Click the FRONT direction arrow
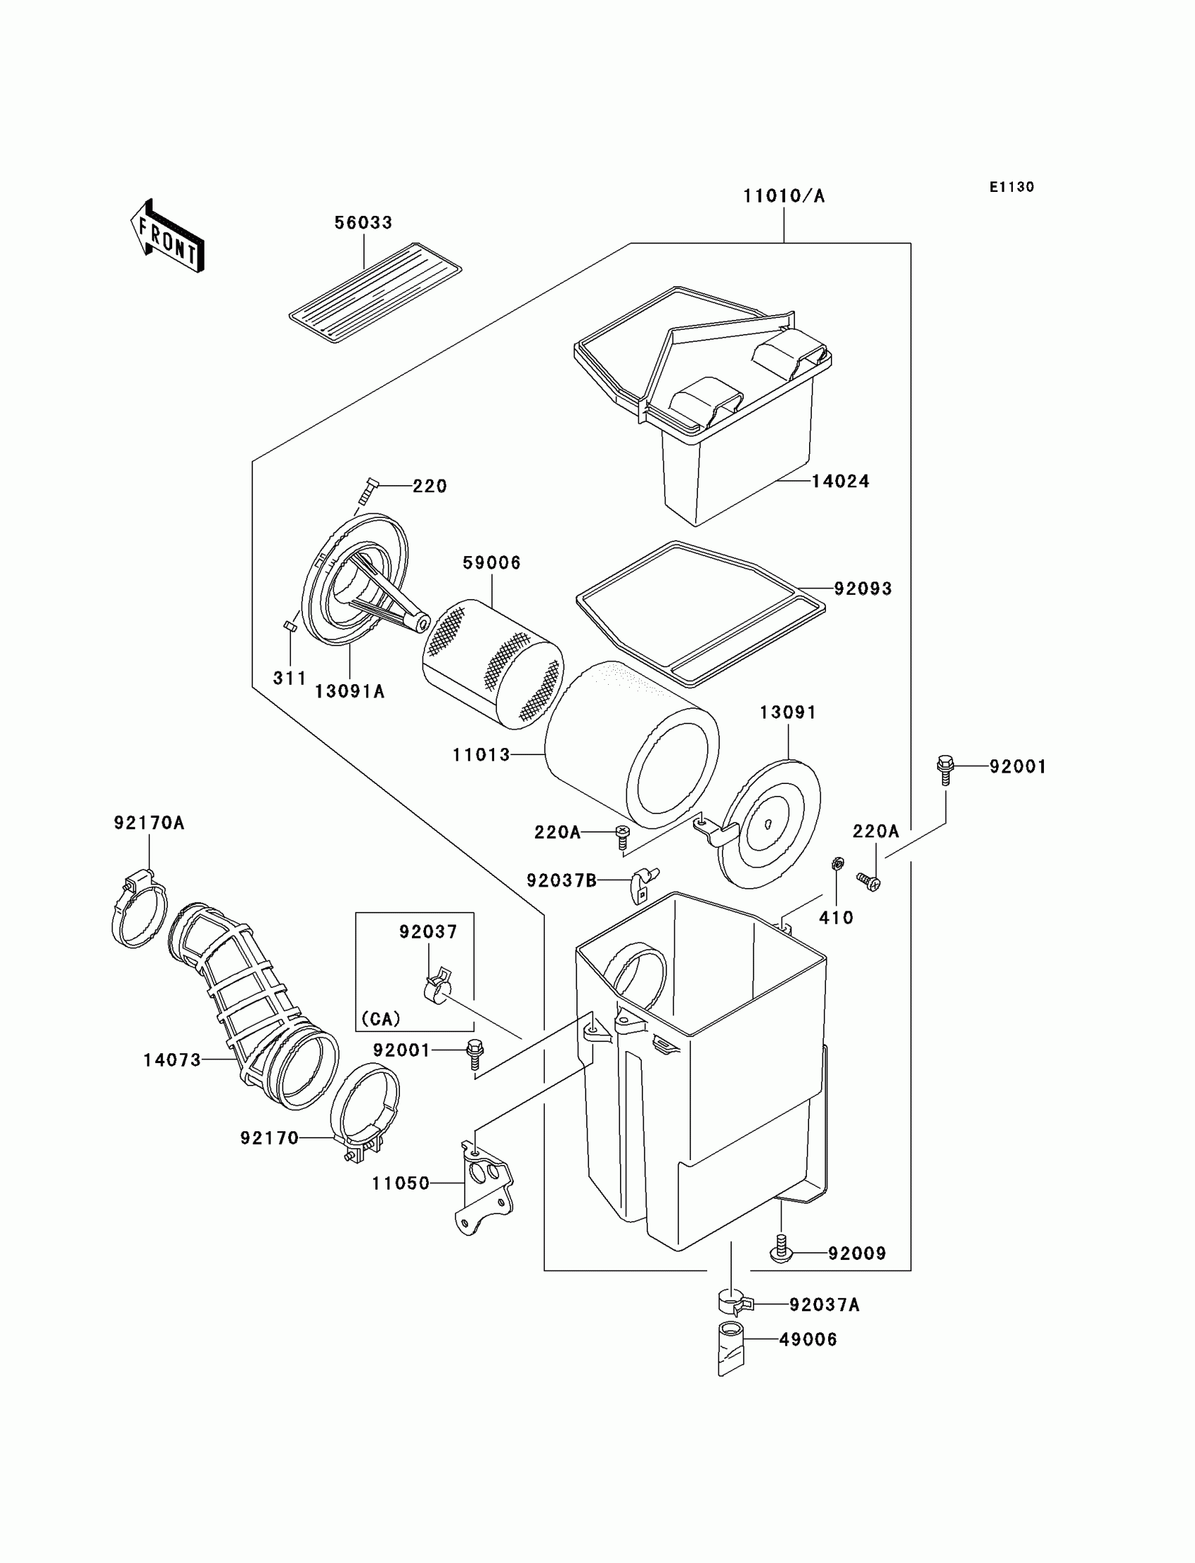tap(168, 238)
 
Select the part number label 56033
tap(363, 223)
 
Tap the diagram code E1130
tap(1012, 187)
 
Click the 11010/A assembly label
tap(784, 196)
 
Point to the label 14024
tap(840, 482)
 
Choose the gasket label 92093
tap(863, 589)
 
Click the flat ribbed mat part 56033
tap(375, 292)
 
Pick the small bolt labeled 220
tap(368, 491)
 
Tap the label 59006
tap(491, 562)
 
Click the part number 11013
tap(482, 755)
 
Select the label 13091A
tap(349, 692)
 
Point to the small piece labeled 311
tap(290, 626)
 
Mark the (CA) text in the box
tap(380, 1020)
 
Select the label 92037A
tap(825, 1305)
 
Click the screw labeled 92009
tap(781, 1254)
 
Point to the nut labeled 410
tap(837, 864)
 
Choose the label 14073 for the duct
tap(172, 1061)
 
